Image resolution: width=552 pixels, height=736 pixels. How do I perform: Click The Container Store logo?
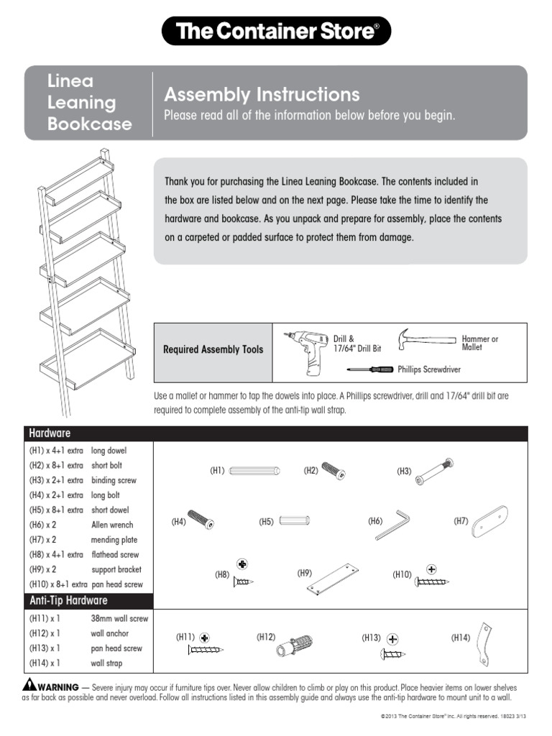tap(276, 32)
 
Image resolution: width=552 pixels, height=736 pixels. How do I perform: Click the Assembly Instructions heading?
tap(262, 95)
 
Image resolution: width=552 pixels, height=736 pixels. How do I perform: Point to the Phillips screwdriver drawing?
tap(371, 369)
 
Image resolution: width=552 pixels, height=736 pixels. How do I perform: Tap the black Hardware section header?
tap(276, 433)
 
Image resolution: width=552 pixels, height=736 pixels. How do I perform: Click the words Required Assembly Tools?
tap(213, 350)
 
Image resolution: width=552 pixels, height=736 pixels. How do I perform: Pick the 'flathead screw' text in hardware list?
tap(115, 555)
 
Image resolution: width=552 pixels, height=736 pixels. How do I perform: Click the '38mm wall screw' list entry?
tap(119, 618)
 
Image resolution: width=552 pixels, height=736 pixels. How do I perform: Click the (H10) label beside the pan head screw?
tap(401, 574)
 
